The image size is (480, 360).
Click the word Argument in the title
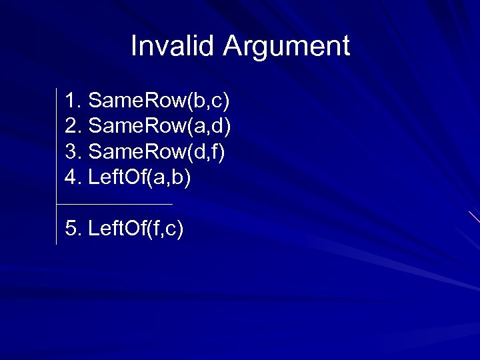coord(286,47)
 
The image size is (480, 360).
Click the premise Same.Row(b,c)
coord(159,101)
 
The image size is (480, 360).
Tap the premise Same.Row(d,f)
coord(156,153)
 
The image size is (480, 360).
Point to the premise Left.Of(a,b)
coord(139,178)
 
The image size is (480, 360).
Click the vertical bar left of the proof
coord(57,167)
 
